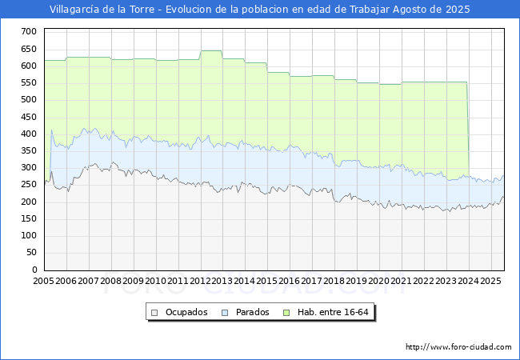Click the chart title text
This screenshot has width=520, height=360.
260,10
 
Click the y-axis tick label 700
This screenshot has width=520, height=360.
29,31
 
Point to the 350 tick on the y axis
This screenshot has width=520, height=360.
29,150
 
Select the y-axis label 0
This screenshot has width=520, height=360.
34,270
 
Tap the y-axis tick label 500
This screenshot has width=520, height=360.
29,99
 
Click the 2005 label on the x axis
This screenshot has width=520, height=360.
43,282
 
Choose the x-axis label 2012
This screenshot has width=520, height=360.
200,282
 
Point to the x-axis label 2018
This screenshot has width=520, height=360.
334,282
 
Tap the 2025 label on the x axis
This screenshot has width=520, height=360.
490,282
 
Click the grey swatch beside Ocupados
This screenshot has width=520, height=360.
155,312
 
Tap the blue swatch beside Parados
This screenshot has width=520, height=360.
226,312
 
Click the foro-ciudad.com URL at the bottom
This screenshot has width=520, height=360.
458,347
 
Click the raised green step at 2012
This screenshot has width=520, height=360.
211,51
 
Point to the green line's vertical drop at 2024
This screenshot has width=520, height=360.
468,128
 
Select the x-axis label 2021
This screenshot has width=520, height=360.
402,282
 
